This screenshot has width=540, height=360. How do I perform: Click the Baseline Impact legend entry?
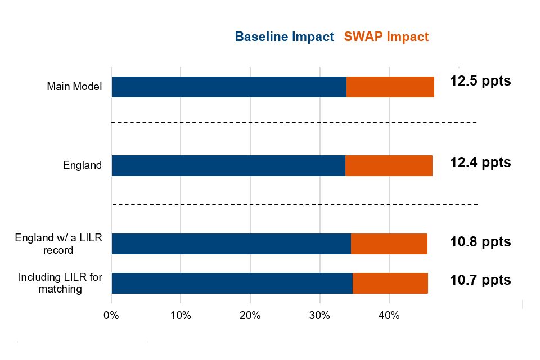point(284,37)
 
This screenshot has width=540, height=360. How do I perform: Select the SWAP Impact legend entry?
point(386,37)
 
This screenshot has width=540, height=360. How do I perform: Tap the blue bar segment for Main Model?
point(229,87)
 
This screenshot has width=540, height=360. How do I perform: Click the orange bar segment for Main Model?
point(390,87)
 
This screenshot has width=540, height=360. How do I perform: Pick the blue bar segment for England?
point(228,165)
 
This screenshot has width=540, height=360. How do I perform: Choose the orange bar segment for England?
point(389,165)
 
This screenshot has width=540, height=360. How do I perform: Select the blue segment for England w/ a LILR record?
point(231,244)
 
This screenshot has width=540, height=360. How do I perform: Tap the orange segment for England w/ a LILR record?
point(389,244)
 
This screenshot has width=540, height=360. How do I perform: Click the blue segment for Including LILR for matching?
point(232,283)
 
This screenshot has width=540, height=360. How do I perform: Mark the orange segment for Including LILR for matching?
point(390,283)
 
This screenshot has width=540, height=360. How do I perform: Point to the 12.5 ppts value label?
point(480,80)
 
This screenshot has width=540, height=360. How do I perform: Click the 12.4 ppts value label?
point(480,163)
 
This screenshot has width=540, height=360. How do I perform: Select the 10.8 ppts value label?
point(480,242)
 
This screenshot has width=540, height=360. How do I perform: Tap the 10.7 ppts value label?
point(480,280)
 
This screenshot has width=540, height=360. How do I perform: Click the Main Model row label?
point(74,87)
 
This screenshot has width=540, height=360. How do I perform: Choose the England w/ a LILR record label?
point(58,244)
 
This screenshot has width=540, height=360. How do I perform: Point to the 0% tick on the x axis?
point(111,316)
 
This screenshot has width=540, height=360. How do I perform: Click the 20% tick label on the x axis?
point(250,316)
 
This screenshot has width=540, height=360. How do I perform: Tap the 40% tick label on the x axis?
point(389,316)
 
